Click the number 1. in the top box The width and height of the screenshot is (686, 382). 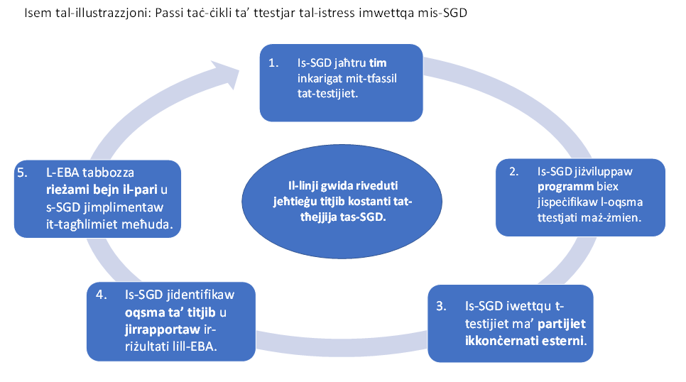coord(273,63)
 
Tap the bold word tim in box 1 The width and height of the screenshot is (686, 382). coord(378,63)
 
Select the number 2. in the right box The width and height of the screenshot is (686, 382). coord(514,172)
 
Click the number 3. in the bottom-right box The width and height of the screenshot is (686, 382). coord(442,306)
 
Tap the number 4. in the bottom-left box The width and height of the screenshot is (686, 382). coord(102,295)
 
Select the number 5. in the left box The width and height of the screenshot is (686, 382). coord(22,173)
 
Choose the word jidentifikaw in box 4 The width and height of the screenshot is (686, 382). coord(200,295)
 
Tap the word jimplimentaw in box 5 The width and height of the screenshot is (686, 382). coord(129,207)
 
